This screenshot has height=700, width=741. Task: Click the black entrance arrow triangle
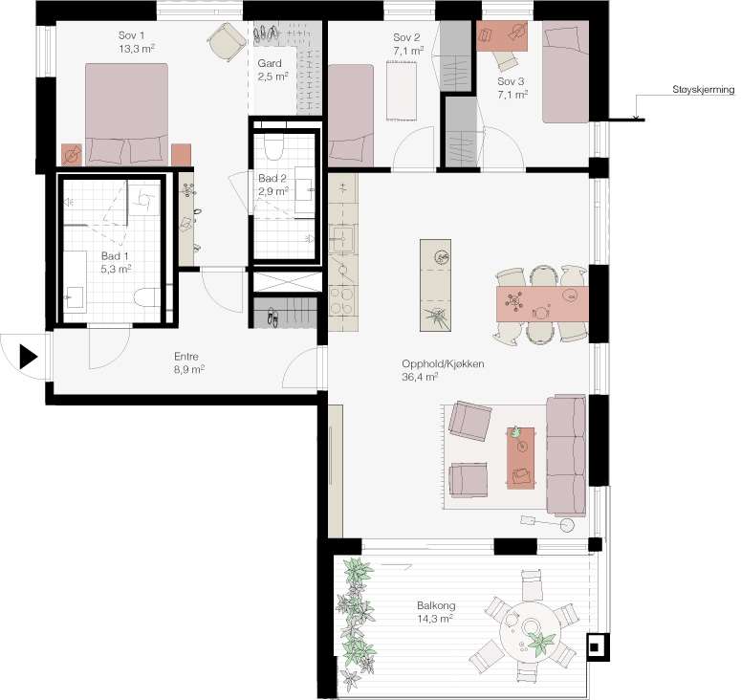pos(28,357)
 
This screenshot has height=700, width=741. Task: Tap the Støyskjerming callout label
pos(703,89)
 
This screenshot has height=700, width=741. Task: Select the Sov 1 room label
pos(131,35)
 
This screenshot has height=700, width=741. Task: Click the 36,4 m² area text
pos(419,377)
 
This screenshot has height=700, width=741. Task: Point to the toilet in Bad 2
pos(274,146)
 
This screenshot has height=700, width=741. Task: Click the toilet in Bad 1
pos(147,297)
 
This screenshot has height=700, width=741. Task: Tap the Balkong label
pos(436,605)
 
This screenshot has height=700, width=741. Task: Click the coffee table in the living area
pos(521,458)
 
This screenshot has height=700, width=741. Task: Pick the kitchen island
pos(435,285)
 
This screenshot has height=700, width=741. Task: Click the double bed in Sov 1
pos(126,114)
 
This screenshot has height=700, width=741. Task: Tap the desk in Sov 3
pos(502,35)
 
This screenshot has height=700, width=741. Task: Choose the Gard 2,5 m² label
pos(272,70)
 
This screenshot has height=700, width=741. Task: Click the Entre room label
pos(186,357)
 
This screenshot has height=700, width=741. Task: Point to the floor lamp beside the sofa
pos(548,522)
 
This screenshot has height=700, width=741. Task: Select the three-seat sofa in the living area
pos(567,455)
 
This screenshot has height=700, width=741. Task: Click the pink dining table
pos(542,304)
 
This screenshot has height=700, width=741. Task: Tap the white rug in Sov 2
pos(402,91)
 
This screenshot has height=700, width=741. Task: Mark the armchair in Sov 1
pos(228,41)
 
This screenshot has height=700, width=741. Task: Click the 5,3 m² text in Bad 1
pos(116,269)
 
